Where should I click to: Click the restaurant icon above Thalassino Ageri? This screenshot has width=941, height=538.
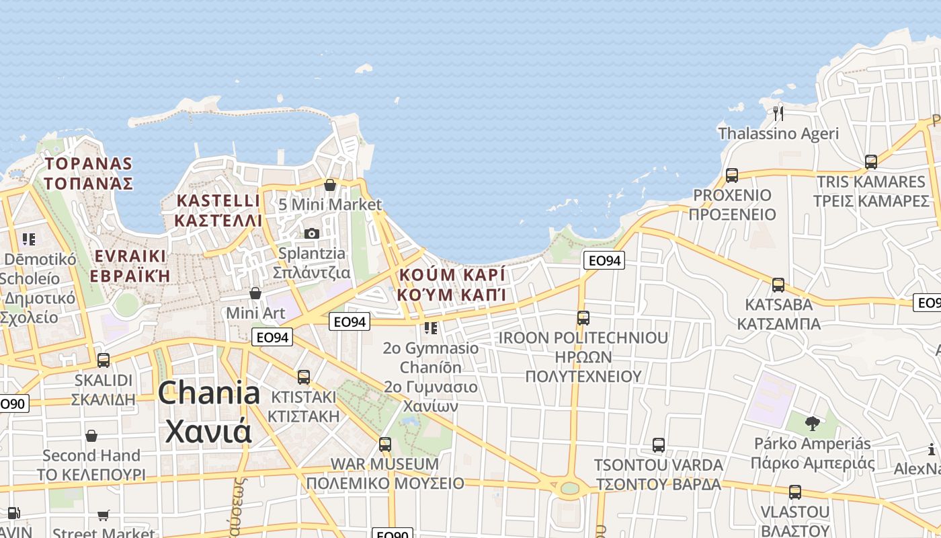(778, 112)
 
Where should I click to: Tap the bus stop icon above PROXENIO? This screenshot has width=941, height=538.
(732, 176)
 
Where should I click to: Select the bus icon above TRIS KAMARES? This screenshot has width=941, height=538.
(871, 162)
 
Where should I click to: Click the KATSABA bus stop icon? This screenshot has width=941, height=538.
(778, 285)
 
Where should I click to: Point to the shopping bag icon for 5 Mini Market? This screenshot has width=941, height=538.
(330, 185)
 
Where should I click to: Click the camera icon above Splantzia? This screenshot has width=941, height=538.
(312, 233)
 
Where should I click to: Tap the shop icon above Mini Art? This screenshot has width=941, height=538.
(255, 293)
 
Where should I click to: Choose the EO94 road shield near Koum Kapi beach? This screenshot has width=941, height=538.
(604, 260)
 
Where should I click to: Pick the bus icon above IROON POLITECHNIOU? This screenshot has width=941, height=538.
(583, 318)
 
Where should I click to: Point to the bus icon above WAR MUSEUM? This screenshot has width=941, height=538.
(385, 445)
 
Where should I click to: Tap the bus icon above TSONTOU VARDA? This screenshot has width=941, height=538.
(659, 445)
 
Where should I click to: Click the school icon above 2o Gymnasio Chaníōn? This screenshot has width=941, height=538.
(431, 328)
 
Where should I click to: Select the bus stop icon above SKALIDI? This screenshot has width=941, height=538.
(104, 360)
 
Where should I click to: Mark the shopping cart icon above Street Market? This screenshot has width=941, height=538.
(104, 515)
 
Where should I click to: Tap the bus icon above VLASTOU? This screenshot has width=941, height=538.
(795, 492)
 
